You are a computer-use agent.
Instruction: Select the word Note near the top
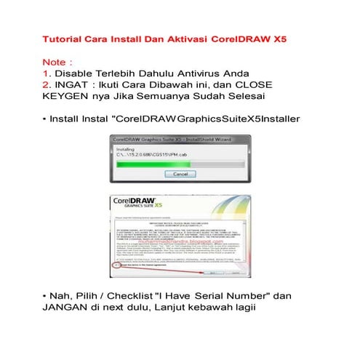click(56, 63)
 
